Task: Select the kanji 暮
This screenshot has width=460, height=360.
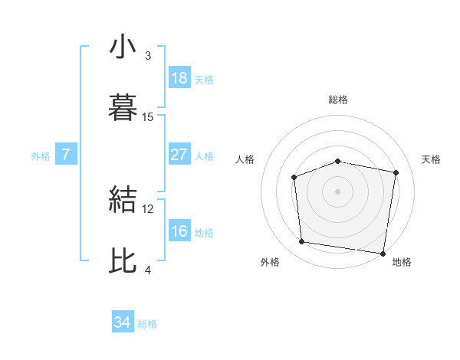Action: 123,107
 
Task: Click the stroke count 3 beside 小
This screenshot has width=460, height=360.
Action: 148,56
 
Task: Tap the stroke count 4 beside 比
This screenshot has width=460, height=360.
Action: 148,270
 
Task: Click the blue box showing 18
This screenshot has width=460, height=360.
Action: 179,78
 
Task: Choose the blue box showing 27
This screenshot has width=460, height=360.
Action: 179,155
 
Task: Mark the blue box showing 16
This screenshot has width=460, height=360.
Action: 179,231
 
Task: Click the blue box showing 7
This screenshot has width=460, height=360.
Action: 66,155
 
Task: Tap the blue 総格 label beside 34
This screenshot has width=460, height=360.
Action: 148,324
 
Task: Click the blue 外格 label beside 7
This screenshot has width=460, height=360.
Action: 41,155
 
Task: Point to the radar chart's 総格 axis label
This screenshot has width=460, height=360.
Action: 337,100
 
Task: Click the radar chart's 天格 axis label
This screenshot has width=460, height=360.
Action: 432,159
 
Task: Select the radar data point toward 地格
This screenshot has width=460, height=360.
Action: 383,253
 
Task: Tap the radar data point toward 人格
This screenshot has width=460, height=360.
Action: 294,177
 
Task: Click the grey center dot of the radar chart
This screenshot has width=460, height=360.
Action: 337,191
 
